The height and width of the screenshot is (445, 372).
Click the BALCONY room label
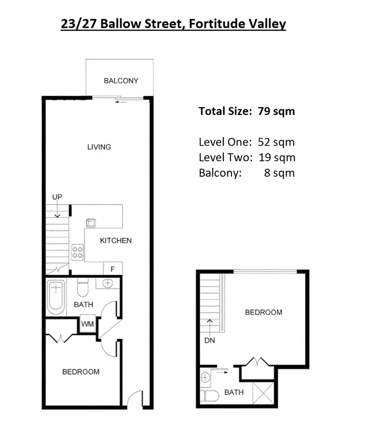(x=121, y=81)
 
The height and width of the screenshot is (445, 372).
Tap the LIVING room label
(x=99, y=147)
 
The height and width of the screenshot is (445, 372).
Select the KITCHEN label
(x=116, y=240)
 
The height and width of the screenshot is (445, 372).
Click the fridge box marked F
(x=112, y=269)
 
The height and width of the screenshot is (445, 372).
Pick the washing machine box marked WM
(x=87, y=324)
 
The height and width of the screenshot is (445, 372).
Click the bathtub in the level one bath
(x=56, y=297)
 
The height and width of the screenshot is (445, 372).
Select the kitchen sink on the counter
(x=91, y=222)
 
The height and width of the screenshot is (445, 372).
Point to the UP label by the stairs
(x=57, y=197)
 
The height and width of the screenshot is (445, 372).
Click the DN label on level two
(x=210, y=340)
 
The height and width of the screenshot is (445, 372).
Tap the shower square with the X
(x=261, y=392)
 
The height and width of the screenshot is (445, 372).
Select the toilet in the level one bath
(x=83, y=288)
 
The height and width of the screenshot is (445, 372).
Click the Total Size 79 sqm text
(x=246, y=111)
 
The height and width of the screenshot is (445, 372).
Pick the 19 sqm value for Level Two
(x=280, y=157)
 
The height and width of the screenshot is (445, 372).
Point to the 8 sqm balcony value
(x=279, y=173)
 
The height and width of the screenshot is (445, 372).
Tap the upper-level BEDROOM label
(x=263, y=312)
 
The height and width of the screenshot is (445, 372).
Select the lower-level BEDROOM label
(x=81, y=372)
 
